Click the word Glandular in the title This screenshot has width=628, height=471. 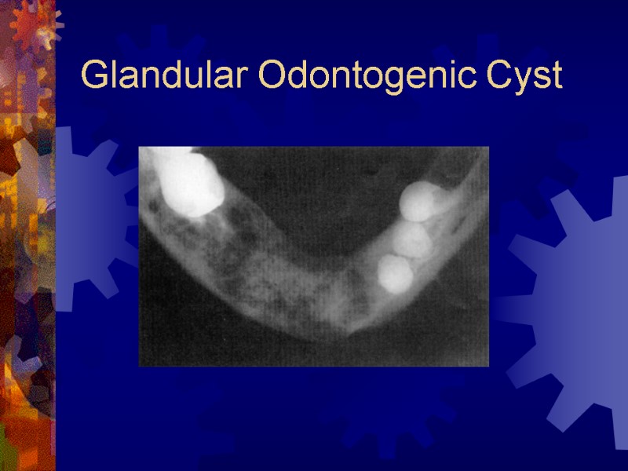(161, 76)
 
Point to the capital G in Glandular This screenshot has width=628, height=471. (95, 76)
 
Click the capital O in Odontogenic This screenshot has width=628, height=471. (271, 76)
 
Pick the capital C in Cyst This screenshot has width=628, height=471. (501, 76)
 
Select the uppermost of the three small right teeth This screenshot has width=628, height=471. (420, 201)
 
